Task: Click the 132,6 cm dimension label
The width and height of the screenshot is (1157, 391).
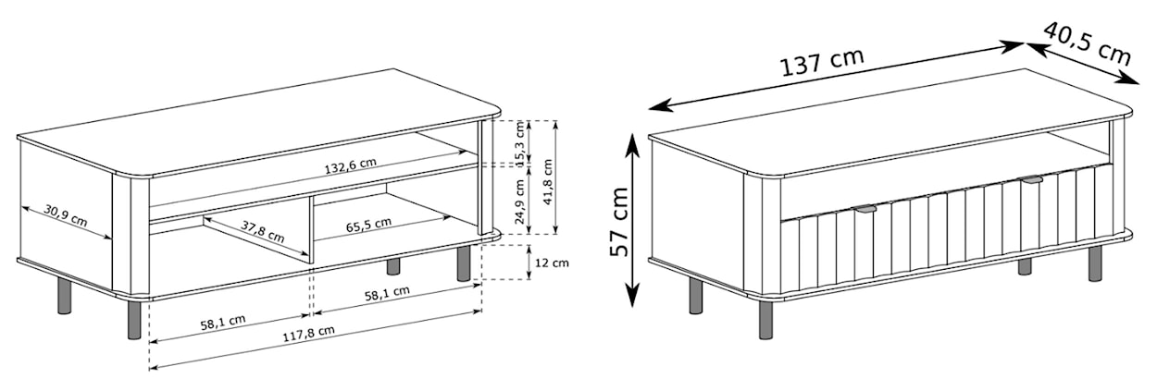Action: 351,165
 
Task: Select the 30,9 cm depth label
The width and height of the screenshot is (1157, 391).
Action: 66,216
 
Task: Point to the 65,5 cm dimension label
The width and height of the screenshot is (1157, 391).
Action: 368,225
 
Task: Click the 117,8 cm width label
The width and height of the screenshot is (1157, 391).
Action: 308,335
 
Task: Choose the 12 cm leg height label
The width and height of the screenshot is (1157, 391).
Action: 552,263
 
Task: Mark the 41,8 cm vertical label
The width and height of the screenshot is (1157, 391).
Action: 548,182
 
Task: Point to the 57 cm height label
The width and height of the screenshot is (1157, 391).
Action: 618,222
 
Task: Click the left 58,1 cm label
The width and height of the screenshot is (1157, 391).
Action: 223,323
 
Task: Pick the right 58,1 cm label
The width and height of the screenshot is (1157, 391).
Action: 387,293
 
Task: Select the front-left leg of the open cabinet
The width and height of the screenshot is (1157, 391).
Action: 134,320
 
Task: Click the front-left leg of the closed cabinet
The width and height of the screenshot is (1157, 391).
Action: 766,320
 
